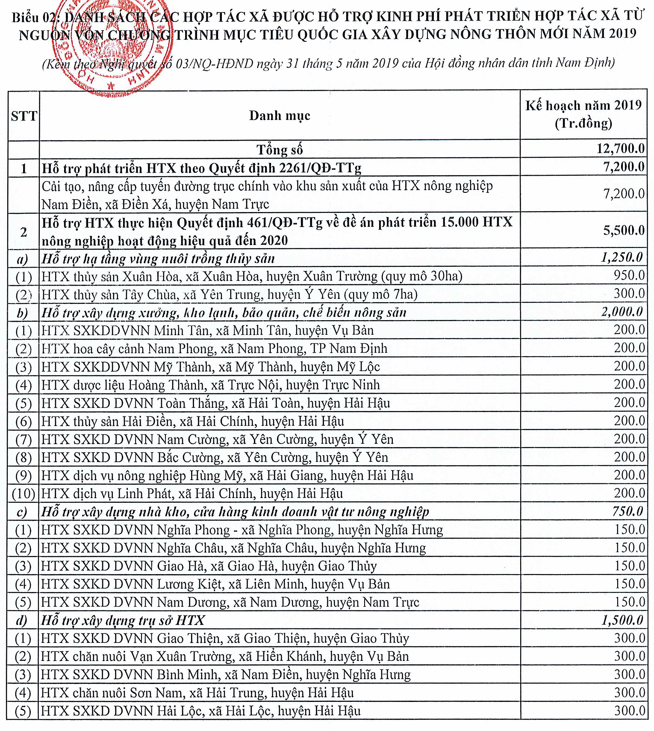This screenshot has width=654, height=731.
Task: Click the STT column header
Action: pos(24,116)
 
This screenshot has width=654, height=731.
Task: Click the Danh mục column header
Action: pos(280,115)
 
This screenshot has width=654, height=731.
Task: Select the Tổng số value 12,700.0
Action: pos(621,149)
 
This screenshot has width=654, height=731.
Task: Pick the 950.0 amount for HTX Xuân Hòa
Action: pos(629,275)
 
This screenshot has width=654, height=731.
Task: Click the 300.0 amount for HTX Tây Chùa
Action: pos(629,294)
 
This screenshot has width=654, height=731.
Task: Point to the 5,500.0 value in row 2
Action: pos(624,231)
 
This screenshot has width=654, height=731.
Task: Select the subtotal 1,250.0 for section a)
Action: pos(622,257)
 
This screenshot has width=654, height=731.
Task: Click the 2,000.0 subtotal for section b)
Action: pos(622,312)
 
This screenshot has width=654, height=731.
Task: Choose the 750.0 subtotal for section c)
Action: pos(627,511)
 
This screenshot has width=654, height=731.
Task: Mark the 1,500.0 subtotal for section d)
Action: pos(622,620)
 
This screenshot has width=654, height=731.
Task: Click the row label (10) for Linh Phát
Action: pos(24,494)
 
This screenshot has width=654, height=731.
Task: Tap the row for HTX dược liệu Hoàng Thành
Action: pos(210,385)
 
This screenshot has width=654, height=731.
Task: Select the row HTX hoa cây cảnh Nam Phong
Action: pos(214,349)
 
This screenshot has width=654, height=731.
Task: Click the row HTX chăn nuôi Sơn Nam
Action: pos(197,693)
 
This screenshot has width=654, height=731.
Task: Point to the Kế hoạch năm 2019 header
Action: pos(583,114)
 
